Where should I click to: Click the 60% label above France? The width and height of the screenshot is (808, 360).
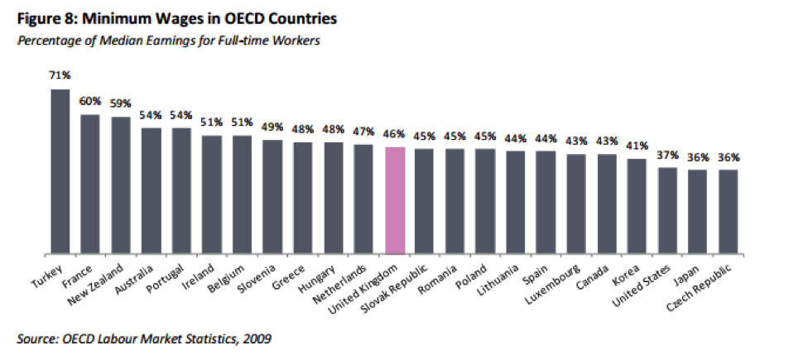pos(90,102)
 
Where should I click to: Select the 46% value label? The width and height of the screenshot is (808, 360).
pos(395,133)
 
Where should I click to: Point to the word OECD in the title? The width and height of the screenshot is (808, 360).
pos(210,17)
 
